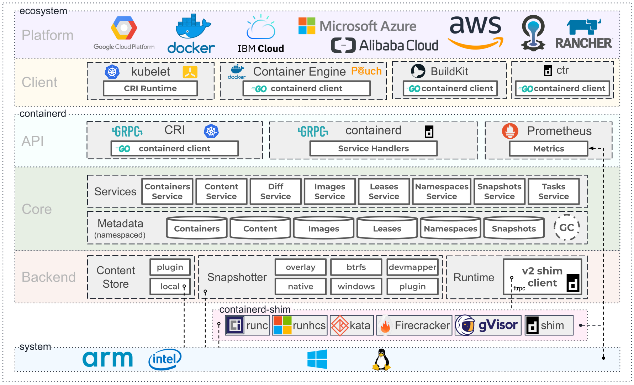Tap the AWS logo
(476, 32)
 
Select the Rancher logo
(584, 34)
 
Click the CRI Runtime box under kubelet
(150, 88)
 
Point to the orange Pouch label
(366, 71)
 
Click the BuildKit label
(449, 71)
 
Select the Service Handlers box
(373, 148)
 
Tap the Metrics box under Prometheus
(548, 149)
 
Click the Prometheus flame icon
(510, 131)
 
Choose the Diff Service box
(275, 191)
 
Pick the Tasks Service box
(553, 191)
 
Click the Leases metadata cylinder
(387, 228)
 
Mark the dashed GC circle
(566, 227)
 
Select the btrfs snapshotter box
(356, 267)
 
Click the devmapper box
(412, 267)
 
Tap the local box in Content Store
(170, 286)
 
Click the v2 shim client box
(542, 277)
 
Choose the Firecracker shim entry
(414, 325)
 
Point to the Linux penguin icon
(381, 360)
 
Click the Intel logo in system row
(165, 359)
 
